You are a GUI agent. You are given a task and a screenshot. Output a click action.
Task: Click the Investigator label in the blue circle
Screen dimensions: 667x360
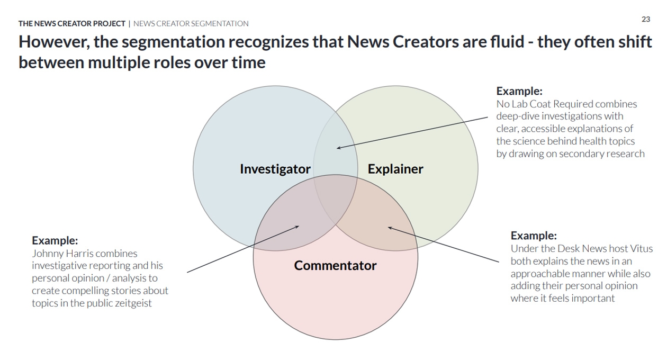275,169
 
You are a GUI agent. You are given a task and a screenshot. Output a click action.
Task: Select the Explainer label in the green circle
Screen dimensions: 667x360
395,169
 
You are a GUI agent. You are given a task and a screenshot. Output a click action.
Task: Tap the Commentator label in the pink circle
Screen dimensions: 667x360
335,265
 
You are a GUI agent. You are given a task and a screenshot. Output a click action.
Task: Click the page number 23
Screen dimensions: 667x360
646,20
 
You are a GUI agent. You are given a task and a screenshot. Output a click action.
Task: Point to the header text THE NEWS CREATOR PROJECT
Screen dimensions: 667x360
72,23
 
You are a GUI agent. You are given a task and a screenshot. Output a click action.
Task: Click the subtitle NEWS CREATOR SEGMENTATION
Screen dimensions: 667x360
191,23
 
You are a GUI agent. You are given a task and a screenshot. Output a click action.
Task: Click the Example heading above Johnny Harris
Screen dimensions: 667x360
55,240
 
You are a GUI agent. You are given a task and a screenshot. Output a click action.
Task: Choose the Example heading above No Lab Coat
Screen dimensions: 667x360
519,91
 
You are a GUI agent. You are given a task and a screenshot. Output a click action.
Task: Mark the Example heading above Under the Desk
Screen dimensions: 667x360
534,236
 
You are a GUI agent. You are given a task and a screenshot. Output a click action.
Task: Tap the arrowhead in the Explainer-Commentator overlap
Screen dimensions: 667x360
390,228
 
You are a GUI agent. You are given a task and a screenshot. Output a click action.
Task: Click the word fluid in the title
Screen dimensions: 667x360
507,42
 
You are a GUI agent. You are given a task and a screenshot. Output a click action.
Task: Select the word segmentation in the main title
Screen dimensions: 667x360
173,42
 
